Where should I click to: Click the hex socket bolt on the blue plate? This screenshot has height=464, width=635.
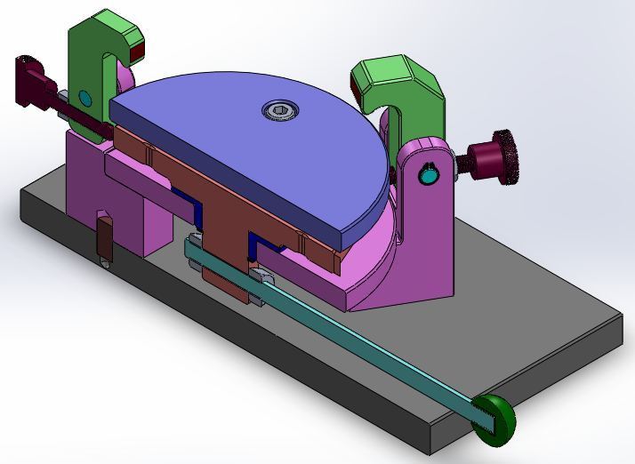coord(280,110)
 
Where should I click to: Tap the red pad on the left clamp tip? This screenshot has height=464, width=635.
coord(136,53)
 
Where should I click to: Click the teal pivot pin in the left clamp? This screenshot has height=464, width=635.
coord(84,95)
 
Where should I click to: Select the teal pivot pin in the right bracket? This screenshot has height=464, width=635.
coord(430,177)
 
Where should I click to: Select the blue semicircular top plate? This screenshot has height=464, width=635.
coord(249,151)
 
